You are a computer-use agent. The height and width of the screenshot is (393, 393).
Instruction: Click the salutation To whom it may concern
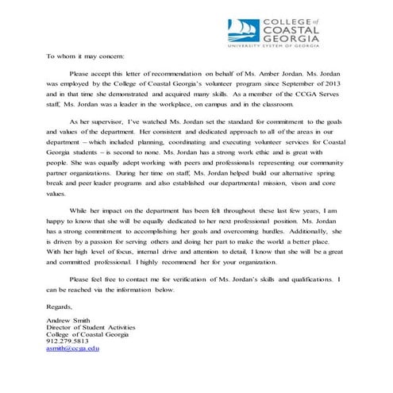coord(85,57)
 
